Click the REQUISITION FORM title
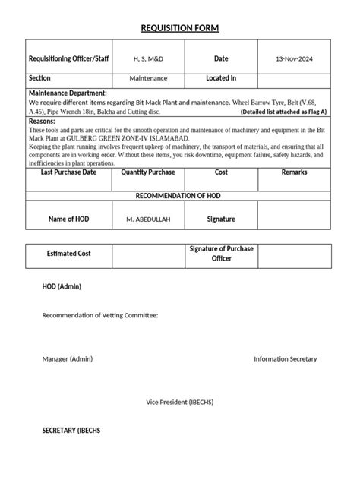[x=180, y=29]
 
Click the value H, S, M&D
[x=148, y=58]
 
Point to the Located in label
[x=221, y=77]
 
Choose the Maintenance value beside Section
[x=148, y=78]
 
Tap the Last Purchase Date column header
[x=68, y=172]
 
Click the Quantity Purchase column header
[x=148, y=172]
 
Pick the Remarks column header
[x=293, y=172]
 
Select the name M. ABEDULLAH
[x=148, y=219]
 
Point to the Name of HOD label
[x=68, y=219]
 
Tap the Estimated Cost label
[x=68, y=254]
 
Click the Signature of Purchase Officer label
[x=221, y=254]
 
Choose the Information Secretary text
[x=285, y=358]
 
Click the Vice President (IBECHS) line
[x=179, y=401]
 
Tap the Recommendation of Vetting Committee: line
[x=100, y=315]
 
